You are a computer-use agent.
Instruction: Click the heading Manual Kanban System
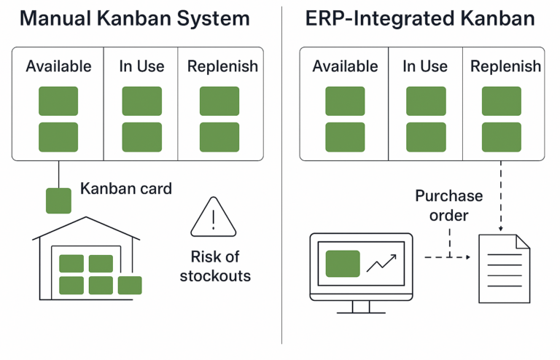point(134,18)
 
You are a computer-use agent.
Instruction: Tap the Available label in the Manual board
point(58,66)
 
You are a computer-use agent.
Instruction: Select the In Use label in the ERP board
point(425,66)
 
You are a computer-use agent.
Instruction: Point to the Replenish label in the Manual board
point(222,66)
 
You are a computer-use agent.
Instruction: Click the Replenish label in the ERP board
point(505,66)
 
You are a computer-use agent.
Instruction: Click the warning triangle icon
point(214,219)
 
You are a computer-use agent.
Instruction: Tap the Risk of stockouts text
point(215,266)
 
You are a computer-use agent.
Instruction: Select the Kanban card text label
point(126,189)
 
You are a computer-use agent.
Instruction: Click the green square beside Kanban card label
point(59,200)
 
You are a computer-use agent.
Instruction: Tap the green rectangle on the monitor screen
point(343,263)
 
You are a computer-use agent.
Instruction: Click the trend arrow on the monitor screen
point(381,262)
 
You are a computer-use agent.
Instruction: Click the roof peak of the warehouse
point(87,218)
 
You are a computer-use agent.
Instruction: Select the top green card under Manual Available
point(58,101)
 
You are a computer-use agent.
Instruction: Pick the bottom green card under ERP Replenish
point(501,137)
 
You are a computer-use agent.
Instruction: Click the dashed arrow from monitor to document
point(445,257)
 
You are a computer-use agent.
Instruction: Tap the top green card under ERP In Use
point(426,101)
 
